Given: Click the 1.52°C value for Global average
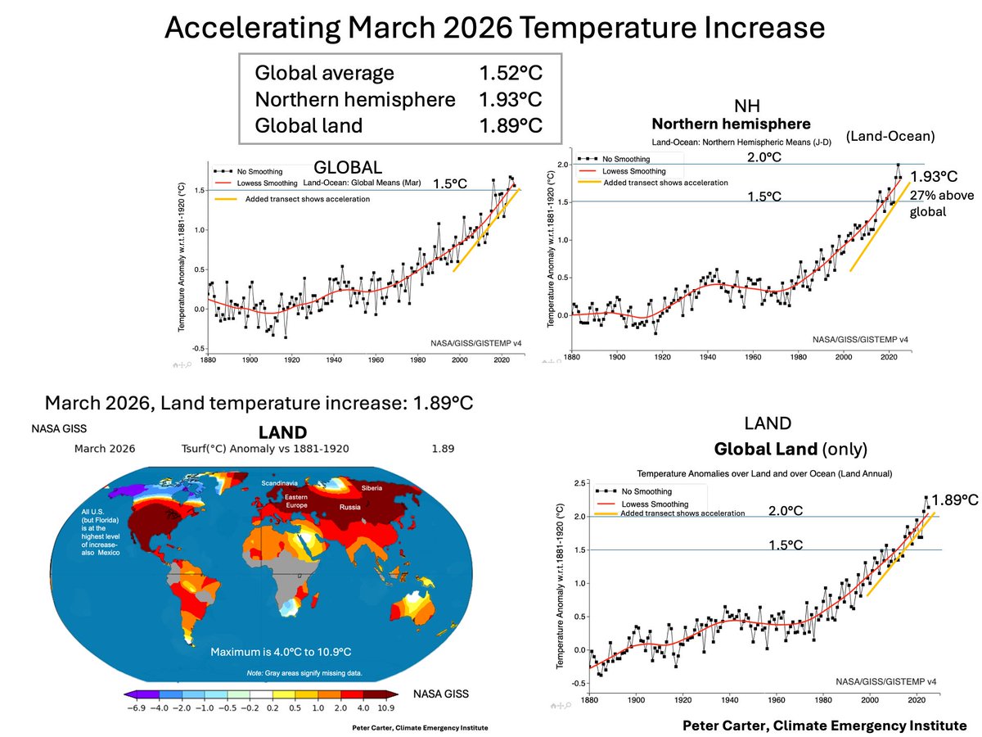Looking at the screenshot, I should coord(511,73).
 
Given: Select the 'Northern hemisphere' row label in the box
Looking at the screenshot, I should coord(355,99).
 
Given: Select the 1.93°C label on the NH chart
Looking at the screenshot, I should coord(933,176).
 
